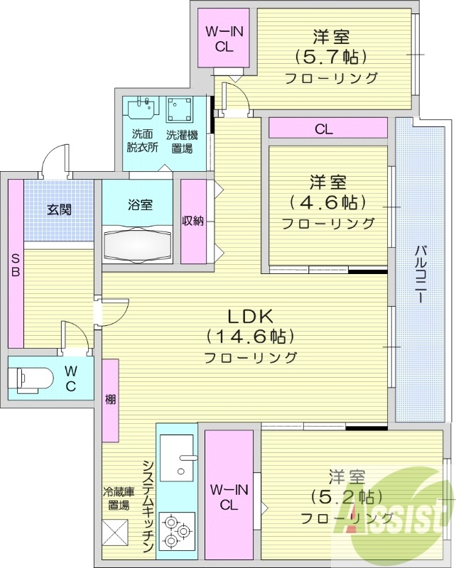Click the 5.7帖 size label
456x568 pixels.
[331, 57]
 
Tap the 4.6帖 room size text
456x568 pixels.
[327, 202]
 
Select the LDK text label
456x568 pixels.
[250, 316]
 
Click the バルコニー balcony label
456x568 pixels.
[420, 274]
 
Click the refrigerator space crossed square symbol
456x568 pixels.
[115, 532]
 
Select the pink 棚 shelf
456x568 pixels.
[110, 400]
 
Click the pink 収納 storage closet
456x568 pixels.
[192, 221]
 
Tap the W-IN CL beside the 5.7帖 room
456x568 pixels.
[224, 38]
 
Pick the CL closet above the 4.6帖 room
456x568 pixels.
[327, 129]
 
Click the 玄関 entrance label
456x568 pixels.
[60, 209]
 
